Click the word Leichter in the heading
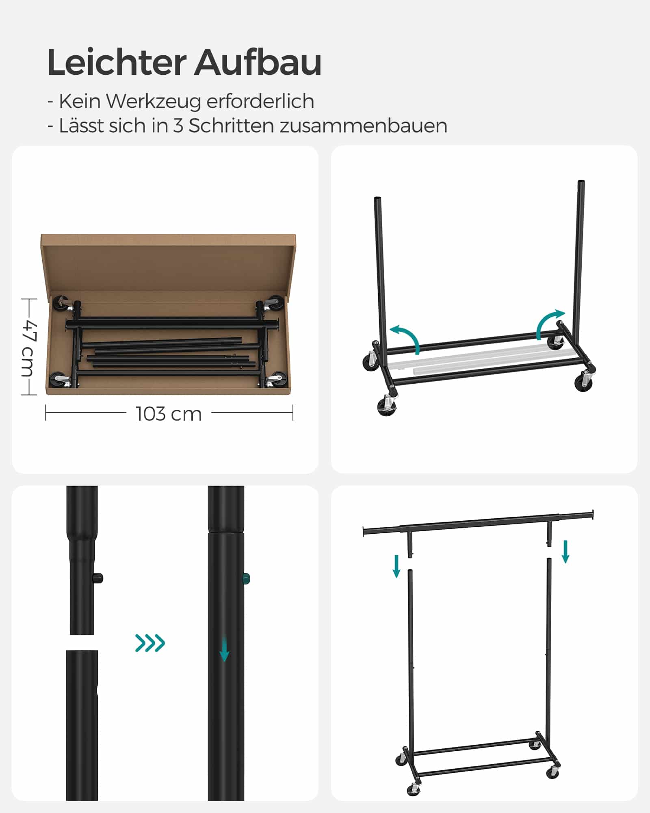coord(117,62)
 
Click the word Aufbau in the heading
coord(258,62)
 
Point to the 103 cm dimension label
coord(169,414)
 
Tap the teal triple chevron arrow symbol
coord(150,643)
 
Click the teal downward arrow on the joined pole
coord(224,650)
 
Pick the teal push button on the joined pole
coord(247,578)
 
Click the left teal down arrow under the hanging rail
coord(396,566)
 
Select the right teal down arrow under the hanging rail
coord(565,552)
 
